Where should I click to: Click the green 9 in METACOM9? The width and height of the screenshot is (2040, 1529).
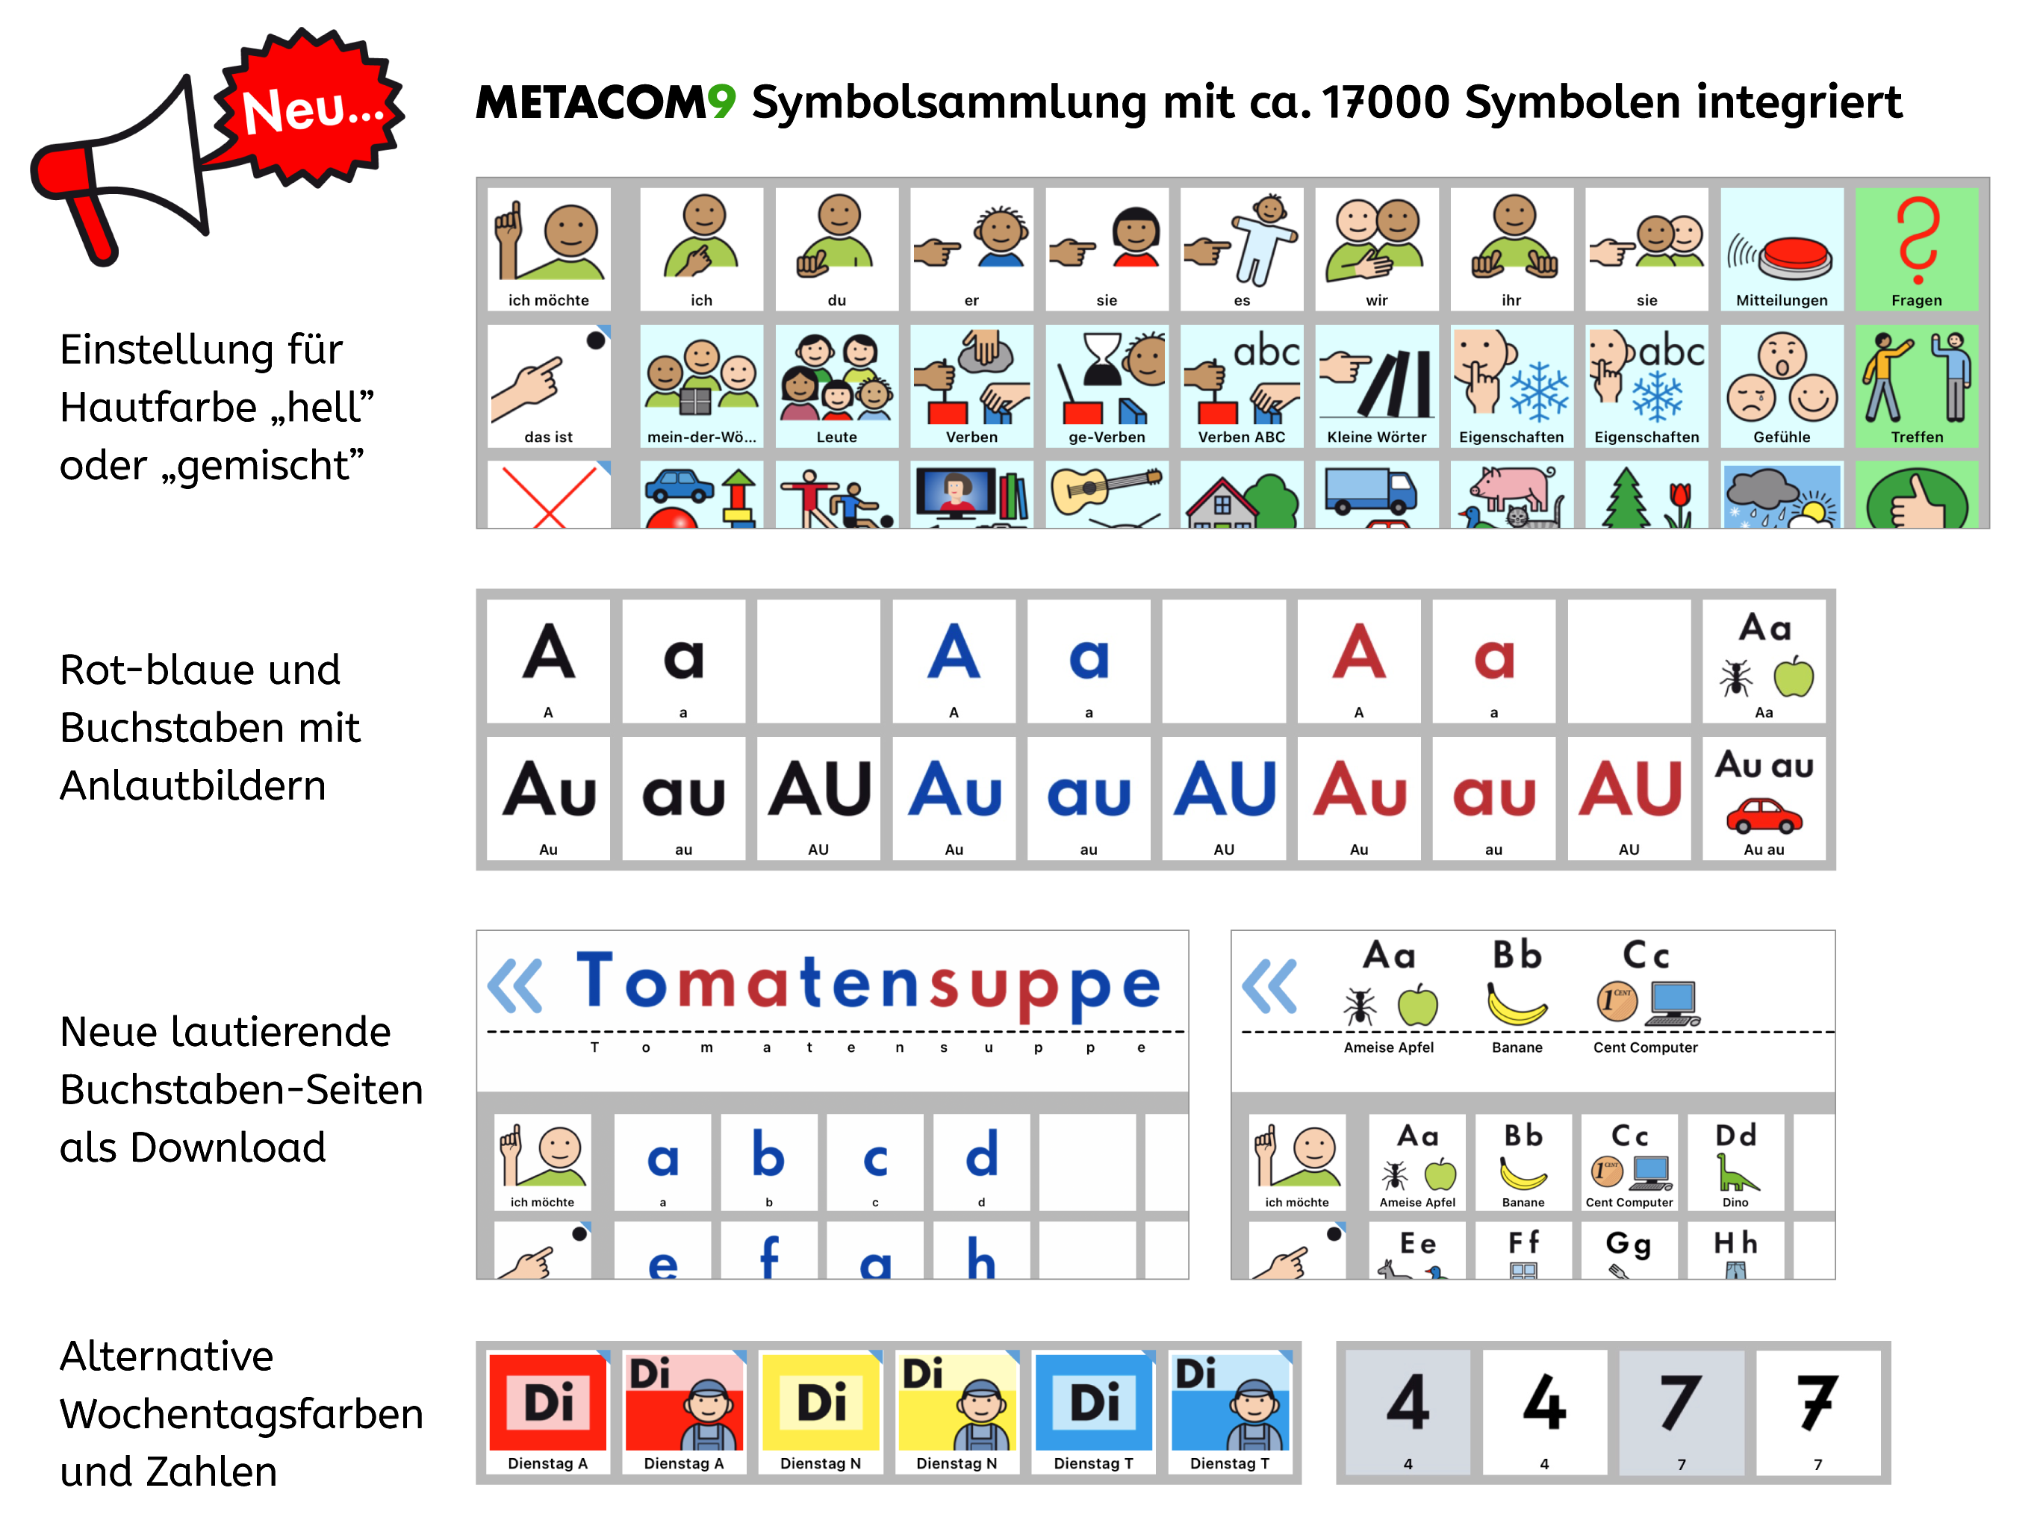[721, 101]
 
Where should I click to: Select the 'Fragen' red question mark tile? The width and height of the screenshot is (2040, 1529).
[1915, 249]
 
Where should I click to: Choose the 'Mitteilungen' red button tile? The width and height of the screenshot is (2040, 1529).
[1781, 249]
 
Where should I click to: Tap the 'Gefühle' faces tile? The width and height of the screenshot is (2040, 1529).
[1781, 385]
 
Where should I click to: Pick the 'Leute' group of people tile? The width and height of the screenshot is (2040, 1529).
[836, 385]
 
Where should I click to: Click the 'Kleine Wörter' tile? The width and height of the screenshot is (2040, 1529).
[1376, 385]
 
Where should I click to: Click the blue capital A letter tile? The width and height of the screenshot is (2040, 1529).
[954, 660]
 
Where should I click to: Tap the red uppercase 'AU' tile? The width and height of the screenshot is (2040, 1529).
[1629, 797]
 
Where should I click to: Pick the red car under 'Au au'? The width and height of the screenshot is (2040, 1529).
[1763, 815]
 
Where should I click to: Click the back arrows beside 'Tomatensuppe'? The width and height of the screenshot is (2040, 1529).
[515, 985]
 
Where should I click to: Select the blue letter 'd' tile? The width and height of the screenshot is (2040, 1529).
[981, 1161]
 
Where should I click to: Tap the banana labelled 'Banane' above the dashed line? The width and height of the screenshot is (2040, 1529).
[1517, 1003]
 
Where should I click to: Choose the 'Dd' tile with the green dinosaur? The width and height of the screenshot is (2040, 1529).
[1735, 1161]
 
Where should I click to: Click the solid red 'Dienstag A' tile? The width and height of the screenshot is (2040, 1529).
[548, 1411]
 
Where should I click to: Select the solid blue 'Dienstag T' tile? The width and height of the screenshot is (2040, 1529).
[1093, 1411]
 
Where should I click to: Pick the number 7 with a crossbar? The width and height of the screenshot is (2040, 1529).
[1817, 1411]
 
